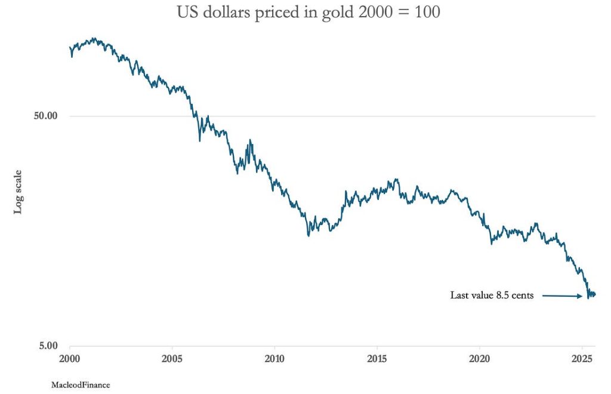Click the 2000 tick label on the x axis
coord(70,359)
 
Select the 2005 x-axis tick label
coord(172,359)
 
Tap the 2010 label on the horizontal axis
coord(274,359)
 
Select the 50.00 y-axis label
coord(44,116)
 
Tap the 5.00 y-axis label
coord(46,346)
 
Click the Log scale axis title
coord(18,191)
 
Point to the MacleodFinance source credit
coord(81,385)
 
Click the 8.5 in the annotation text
coord(503,295)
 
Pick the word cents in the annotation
coord(523,295)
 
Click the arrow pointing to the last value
coord(563,295)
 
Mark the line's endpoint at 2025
coord(595,294)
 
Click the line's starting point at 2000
coord(70,47)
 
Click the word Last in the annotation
coord(460,295)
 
